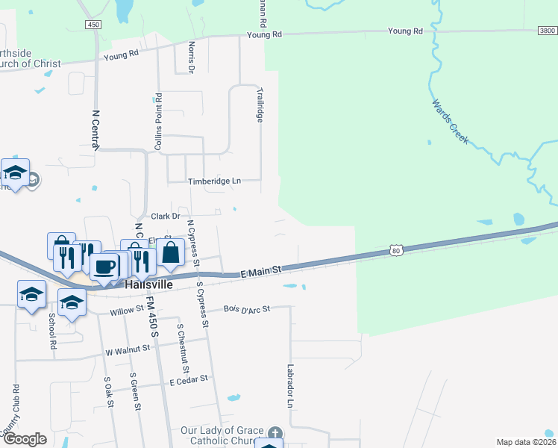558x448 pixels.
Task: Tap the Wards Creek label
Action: [x=450, y=122]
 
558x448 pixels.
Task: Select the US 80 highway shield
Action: [x=397, y=252]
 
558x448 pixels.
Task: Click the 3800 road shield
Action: [x=547, y=31]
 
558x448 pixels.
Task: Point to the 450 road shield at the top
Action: [x=93, y=25]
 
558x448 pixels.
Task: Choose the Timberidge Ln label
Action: [x=214, y=181]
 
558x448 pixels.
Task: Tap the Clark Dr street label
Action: [x=166, y=216]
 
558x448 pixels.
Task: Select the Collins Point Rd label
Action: [x=158, y=123]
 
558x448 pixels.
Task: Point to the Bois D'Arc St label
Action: [x=246, y=308]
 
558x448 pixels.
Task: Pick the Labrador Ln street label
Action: [x=290, y=385]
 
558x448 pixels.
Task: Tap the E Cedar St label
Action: [x=192, y=382]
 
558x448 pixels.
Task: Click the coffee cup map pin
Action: [x=104, y=267]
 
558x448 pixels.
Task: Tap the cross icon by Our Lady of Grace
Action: [x=275, y=433]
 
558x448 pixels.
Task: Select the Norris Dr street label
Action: [x=191, y=56]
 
